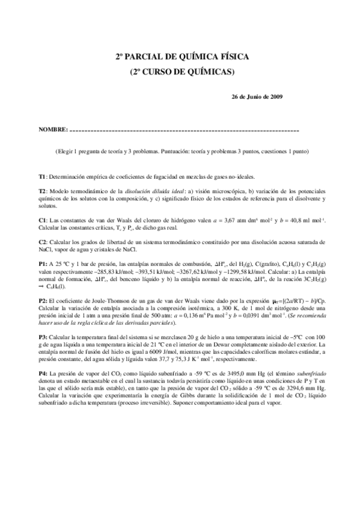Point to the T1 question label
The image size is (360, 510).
(42, 176)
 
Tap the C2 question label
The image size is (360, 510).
(43, 241)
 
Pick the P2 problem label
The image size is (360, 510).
(43, 299)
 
